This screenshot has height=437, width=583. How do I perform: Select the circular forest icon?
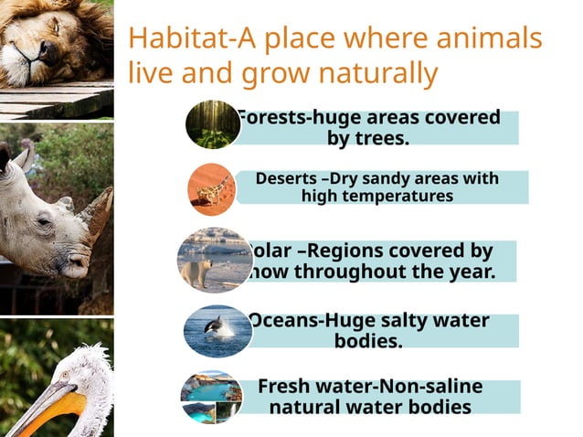click(x=212, y=124)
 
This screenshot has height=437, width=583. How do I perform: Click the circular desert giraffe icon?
click(x=212, y=188)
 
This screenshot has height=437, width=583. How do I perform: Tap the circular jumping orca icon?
click(x=217, y=330)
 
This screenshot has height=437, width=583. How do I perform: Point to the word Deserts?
click(x=284, y=178)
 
